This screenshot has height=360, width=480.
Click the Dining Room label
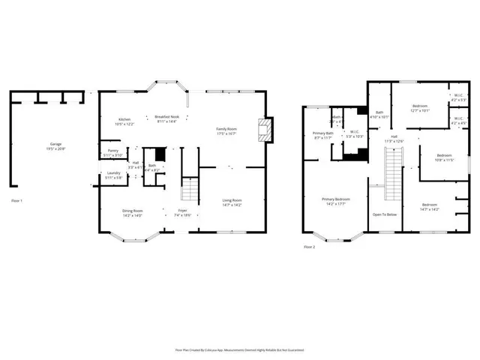click(x=133, y=213)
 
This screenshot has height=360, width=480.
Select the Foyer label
click(x=182, y=213)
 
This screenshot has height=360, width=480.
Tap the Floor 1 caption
click(x=17, y=201)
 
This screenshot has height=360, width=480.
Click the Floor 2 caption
click(x=309, y=247)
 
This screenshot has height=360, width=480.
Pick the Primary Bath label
click(x=322, y=136)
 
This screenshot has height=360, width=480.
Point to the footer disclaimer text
click(x=240, y=349)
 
